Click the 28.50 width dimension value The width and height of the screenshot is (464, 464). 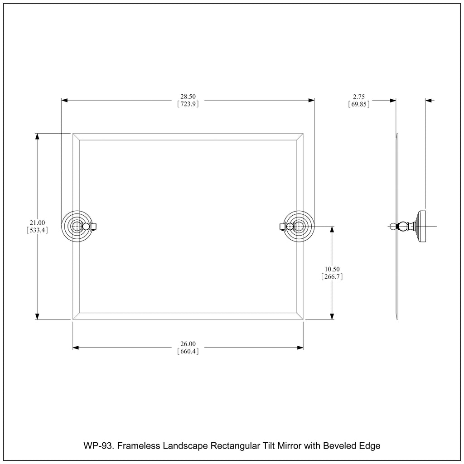coord(188,97)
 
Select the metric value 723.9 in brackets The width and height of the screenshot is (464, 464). coord(188,104)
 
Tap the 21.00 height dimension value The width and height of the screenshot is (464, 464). coord(37,222)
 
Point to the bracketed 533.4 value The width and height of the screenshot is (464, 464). coord(37,230)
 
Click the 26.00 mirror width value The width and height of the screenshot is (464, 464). coord(188,344)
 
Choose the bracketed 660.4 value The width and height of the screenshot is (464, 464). coord(188,352)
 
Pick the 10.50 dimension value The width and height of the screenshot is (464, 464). coord(332,269)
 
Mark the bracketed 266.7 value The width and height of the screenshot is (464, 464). coord(332,277)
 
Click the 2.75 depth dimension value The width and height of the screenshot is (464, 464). coord(359,97)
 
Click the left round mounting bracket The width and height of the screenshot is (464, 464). coord(77,227)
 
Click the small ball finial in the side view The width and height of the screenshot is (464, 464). coord(393,227)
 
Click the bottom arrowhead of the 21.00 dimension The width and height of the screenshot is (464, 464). coord(37,316)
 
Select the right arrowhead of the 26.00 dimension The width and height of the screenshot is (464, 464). coord(300,348)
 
